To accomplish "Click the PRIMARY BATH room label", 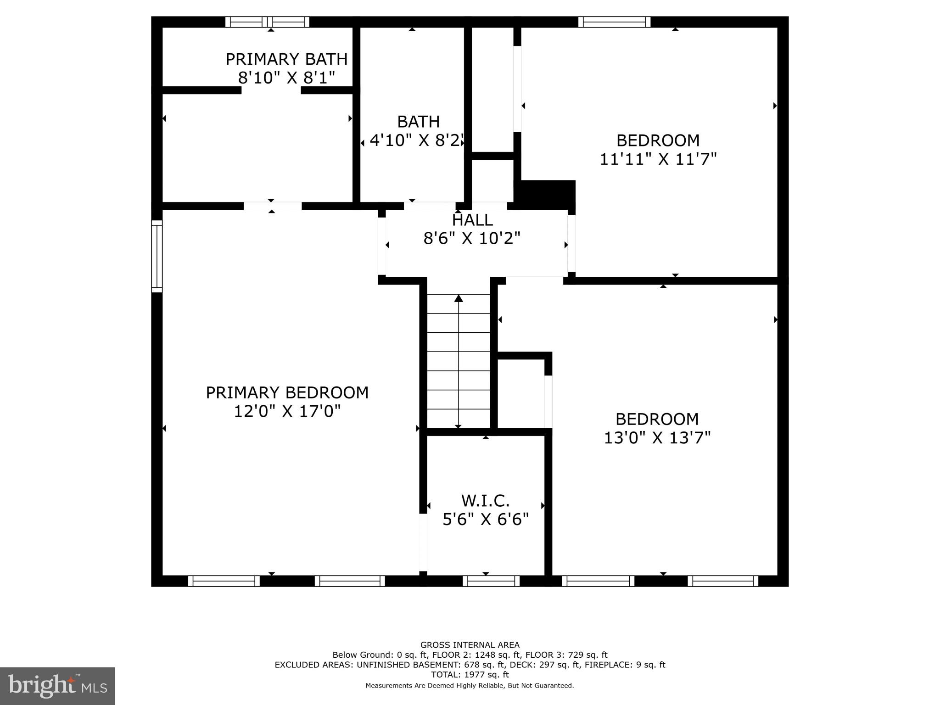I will click(286, 59).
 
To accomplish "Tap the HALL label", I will click(472, 220).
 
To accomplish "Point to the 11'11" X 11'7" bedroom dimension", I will click(658, 159).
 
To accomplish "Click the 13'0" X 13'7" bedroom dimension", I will click(657, 438).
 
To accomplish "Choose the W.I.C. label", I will click(485, 500).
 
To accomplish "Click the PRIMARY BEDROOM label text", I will click(287, 392).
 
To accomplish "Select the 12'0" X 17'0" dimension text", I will click(287, 411).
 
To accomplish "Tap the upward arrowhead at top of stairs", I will click(458, 299).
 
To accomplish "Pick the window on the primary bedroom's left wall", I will click(157, 256).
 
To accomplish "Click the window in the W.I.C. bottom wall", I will click(491, 581).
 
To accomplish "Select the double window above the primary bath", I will click(267, 22).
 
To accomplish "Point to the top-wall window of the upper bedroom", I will click(614, 22).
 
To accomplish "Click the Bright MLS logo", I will click(57, 686).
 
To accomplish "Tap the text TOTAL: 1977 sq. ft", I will click(470, 675).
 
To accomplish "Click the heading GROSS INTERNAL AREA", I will click(470, 645).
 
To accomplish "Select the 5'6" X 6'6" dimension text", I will click(486, 520).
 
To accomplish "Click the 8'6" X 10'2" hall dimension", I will click(472, 239).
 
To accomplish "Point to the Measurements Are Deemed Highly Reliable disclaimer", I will click(470, 686).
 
